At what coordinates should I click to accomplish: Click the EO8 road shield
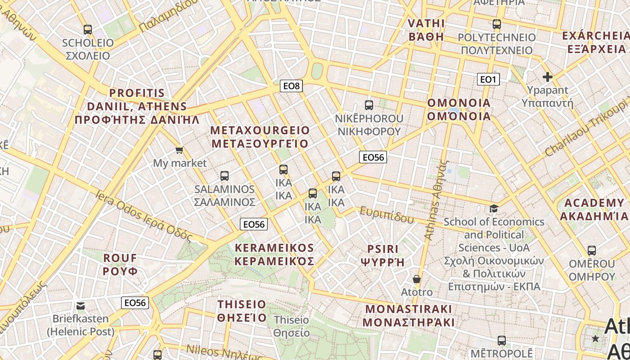tap(291, 85)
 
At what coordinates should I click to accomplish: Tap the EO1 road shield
tap(488, 80)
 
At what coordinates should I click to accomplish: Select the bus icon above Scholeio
tap(88, 30)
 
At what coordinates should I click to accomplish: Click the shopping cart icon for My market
tap(180, 150)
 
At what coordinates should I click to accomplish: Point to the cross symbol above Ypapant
tap(547, 77)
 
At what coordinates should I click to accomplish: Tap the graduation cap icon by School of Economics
tap(494, 208)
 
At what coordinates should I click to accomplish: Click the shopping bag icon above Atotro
tap(417, 279)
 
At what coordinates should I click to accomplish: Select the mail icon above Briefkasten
tap(81, 306)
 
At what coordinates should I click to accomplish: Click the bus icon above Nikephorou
tap(369, 105)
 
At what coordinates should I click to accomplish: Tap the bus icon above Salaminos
tap(225, 176)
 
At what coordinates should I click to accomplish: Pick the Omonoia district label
tap(459, 109)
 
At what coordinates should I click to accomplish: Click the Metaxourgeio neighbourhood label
tap(260, 137)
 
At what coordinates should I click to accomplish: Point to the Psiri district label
tap(383, 256)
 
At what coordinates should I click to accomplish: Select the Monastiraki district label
tap(408, 316)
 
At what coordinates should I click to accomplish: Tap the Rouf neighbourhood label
tap(120, 265)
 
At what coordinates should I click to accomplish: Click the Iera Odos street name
tap(144, 216)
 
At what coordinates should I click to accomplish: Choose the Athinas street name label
tap(436, 200)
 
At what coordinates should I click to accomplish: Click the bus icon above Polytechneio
tap(497, 24)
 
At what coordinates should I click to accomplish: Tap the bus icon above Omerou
tap(592, 251)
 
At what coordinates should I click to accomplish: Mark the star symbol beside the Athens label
tap(596, 338)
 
